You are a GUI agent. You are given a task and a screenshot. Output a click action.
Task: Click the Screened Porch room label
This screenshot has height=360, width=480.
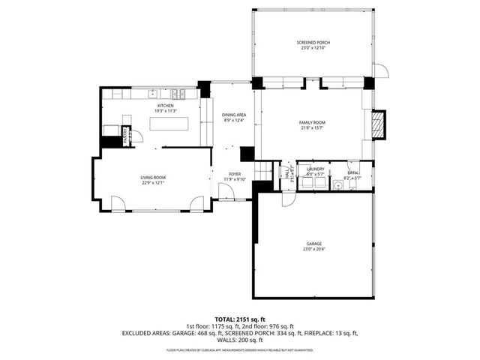(x=313, y=43)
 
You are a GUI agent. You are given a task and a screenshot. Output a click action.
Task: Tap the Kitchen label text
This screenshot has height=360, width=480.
(x=165, y=106)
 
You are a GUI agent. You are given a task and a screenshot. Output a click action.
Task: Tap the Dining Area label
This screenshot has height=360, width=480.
(x=234, y=115)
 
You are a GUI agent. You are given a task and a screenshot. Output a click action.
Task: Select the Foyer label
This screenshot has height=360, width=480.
(x=235, y=173)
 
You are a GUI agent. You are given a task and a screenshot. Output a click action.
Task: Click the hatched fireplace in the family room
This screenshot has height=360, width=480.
(x=379, y=124)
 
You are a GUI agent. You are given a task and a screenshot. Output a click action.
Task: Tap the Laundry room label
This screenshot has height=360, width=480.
(x=315, y=169)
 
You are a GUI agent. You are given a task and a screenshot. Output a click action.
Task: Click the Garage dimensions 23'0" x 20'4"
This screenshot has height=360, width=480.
(x=313, y=250)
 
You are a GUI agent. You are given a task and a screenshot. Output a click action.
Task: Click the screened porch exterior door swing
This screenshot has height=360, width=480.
(x=380, y=70)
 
